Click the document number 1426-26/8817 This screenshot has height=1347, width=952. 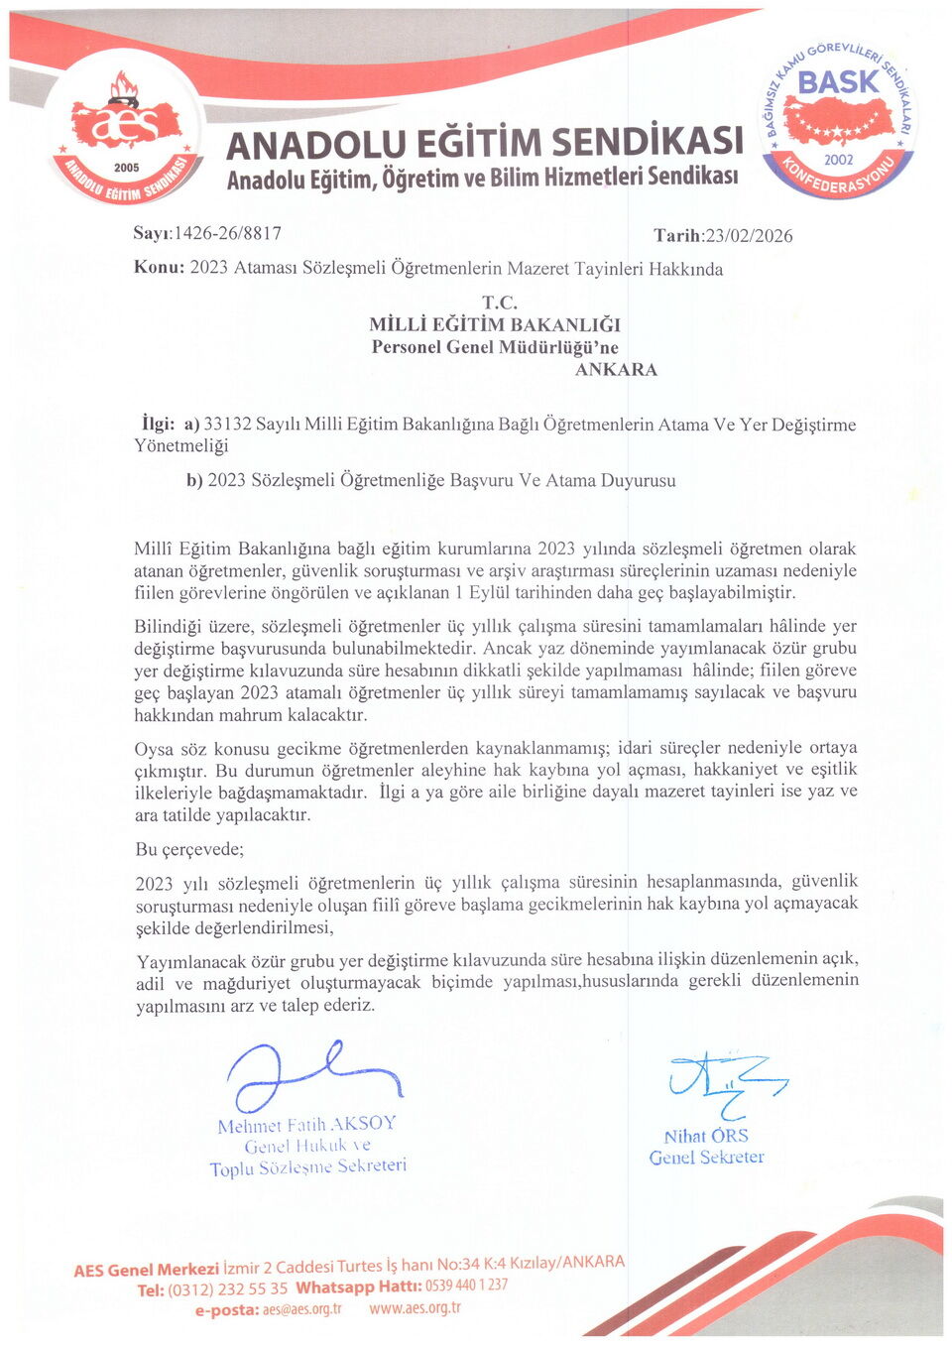pyautogui.click(x=227, y=234)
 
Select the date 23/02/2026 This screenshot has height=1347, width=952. pyautogui.click(x=748, y=236)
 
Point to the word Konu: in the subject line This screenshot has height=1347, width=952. pyautogui.click(x=159, y=268)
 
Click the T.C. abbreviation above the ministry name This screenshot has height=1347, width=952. pyautogui.click(x=500, y=302)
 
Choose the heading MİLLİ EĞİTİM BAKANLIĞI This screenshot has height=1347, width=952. pyautogui.click(x=495, y=324)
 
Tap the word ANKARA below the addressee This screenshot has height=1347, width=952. pyautogui.click(x=616, y=370)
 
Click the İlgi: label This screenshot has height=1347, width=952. pyautogui.click(x=157, y=424)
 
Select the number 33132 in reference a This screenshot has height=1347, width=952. pyautogui.click(x=227, y=425)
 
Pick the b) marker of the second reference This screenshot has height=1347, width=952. pyautogui.click(x=194, y=481)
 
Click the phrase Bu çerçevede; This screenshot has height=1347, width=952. pyautogui.click(x=189, y=849)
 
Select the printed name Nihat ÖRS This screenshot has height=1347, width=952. pyautogui.click(x=706, y=1137)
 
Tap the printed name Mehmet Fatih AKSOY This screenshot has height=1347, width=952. pyautogui.click(x=306, y=1124)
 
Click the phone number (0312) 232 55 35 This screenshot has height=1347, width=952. pyautogui.click(x=227, y=1289)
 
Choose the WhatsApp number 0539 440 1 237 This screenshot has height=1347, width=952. pyautogui.click(x=466, y=1286)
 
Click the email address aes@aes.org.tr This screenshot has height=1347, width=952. pyautogui.click(x=302, y=1310)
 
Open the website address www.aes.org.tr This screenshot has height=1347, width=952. pyautogui.click(x=415, y=1308)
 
